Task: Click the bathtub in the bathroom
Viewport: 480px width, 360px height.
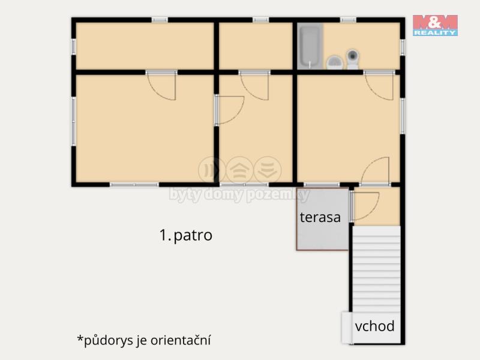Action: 310,46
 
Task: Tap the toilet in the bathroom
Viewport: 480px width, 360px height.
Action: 353,59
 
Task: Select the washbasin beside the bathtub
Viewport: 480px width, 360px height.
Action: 335,62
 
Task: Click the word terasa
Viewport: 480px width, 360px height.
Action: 320,217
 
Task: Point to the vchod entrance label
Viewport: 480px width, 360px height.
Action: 374,326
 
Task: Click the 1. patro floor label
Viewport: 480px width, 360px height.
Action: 186,235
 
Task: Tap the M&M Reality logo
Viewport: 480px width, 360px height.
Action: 435,25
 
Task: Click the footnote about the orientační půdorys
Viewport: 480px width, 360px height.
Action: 144,340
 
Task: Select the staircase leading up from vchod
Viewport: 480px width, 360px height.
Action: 376,269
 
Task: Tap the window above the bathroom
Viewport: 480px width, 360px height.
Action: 348,20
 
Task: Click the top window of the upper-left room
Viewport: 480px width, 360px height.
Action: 160,20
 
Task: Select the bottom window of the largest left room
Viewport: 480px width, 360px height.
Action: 134,185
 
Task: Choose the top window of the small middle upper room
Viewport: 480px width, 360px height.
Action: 260,20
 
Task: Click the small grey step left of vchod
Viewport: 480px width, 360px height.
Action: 347,328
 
